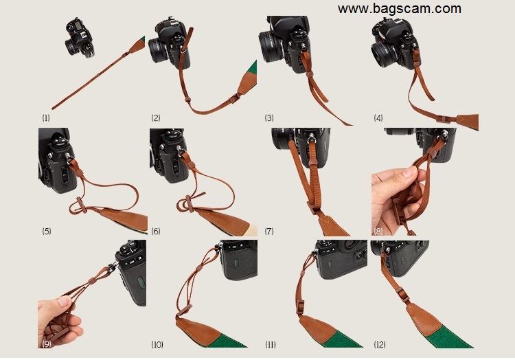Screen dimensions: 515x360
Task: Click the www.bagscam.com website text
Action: click(x=400, y=8)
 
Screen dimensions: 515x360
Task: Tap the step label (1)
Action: click(x=46, y=118)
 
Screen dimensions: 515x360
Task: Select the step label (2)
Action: click(x=156, y=118)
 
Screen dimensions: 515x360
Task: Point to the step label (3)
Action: click(x=269, y=118)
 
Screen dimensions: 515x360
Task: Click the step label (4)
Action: click(x=378, y=118)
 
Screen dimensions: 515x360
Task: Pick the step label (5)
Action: click(x=46, y=232)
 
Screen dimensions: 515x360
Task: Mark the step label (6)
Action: click(x=156, y=232)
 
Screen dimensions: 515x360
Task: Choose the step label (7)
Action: click(x=269, y=232)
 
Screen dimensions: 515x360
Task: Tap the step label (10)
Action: click(x=157, y=345)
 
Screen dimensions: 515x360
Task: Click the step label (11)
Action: click(x=271, y=345)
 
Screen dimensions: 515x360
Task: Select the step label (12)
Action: click(x=379, y=345)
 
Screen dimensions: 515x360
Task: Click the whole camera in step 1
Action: click(x=80, y=38)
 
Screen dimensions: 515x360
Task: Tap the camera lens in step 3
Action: click(x=271, y=46)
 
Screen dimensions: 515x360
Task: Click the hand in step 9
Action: click(x=60, y=321)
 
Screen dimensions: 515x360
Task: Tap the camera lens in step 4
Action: click(x=385, y=54)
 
